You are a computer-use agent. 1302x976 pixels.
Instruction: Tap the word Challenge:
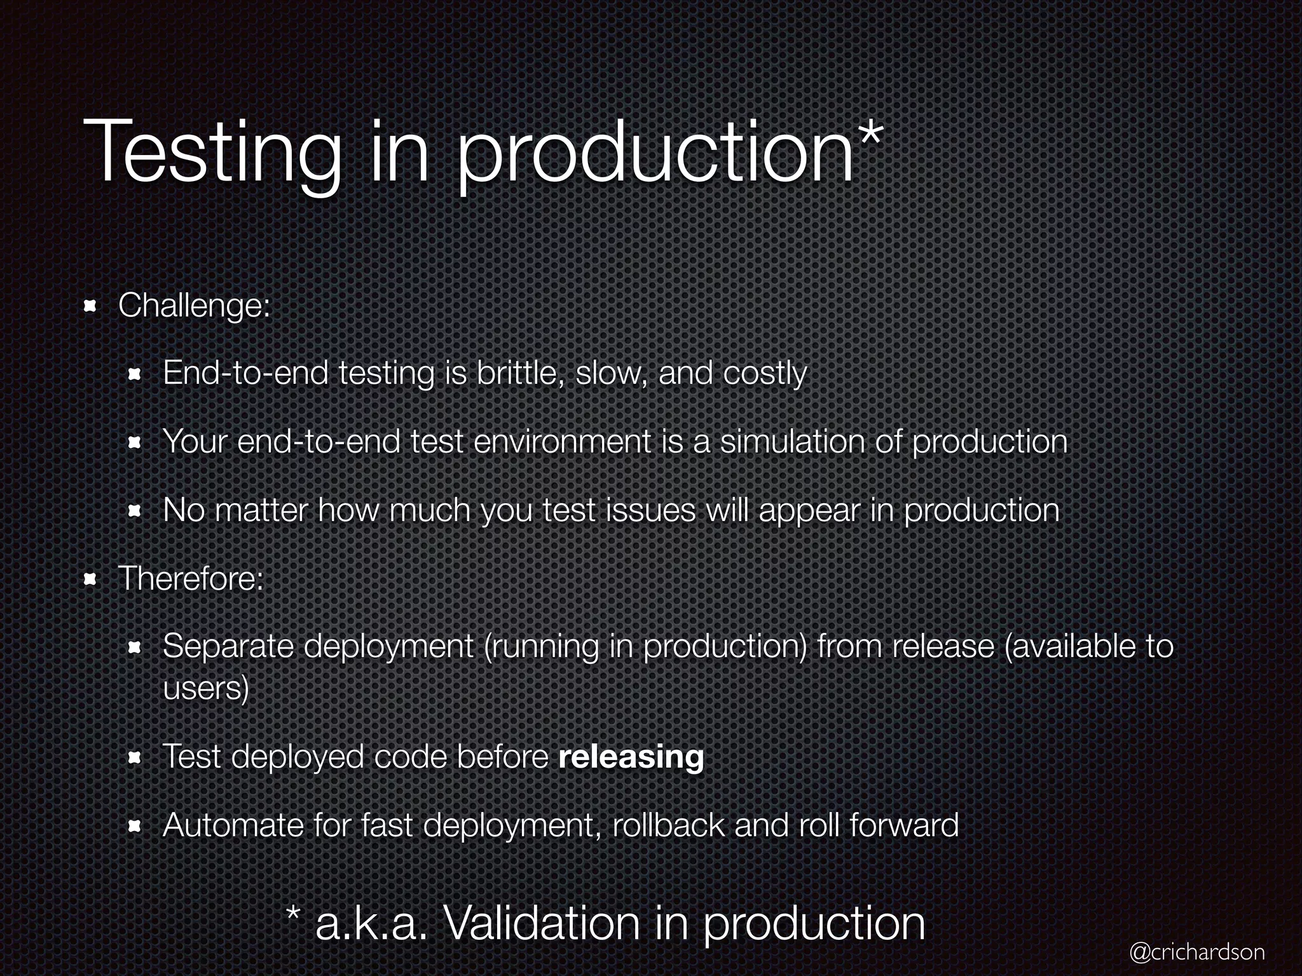point(195,306)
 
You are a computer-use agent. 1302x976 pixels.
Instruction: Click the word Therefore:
point(191,579)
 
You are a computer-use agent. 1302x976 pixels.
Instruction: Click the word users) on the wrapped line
point(205,689)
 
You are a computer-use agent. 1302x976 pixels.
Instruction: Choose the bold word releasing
point(631,757)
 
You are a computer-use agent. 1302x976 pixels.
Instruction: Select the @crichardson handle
point(1197,951)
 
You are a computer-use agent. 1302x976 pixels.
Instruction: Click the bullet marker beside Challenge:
point(90,308)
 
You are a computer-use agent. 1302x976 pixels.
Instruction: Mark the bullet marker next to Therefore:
point(90,579)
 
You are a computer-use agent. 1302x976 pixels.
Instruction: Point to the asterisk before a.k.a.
point(293,914)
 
